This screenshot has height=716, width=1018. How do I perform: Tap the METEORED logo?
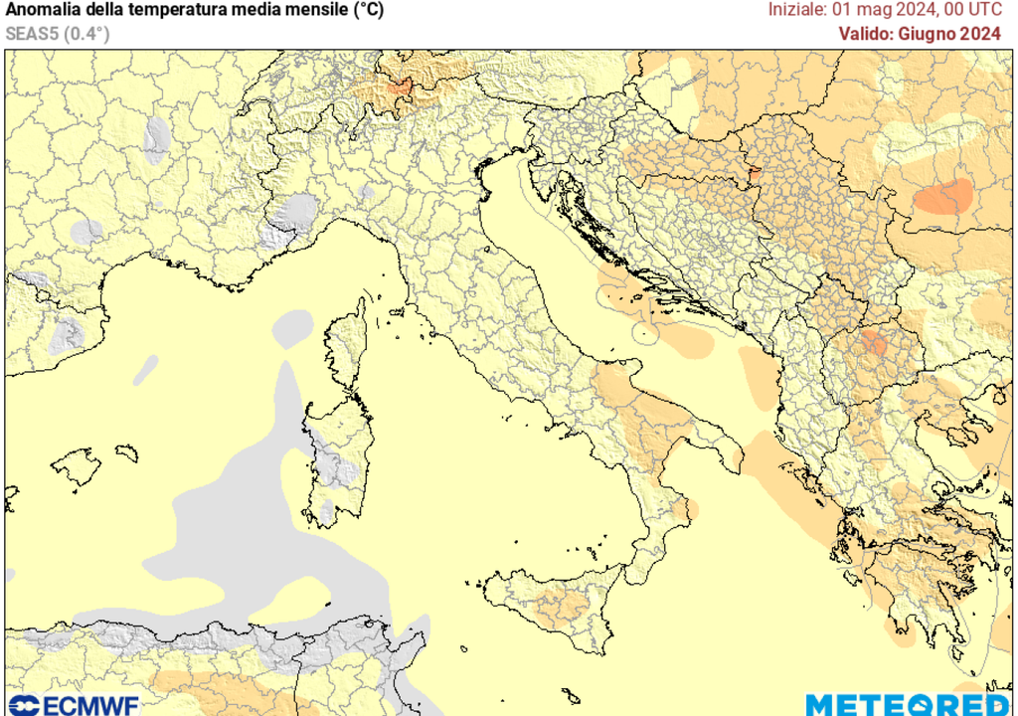pos(909,705)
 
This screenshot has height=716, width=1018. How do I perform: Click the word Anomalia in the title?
pos(45,11)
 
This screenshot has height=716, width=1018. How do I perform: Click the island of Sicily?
pos(557,602)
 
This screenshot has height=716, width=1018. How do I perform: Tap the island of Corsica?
pos(346,343)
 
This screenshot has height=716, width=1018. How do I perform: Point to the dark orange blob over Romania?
pos(943,197)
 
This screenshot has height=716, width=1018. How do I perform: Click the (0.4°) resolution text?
pos(87,34)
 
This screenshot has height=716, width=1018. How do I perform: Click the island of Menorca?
pos(125,452)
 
